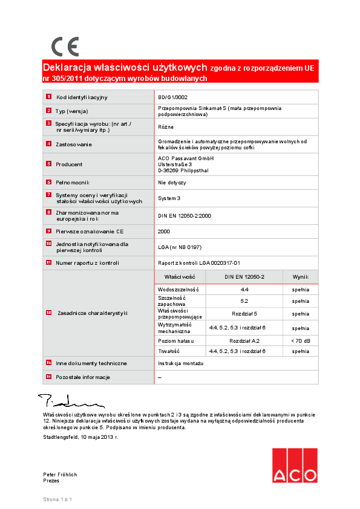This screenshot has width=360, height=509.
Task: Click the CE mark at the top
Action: [x=65, y=47]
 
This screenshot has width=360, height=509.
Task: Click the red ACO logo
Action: [x=294, y=465]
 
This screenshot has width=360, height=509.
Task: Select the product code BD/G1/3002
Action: [x=172, y=97]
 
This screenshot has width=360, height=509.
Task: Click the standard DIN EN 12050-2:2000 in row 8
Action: [x=185, y=215]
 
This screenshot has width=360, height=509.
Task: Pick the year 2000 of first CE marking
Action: [x=164, y=232]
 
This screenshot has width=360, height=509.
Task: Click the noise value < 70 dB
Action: [x=300, y=341]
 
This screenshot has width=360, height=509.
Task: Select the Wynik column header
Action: [x=300, y=276]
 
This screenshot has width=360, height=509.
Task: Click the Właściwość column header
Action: [x=179, y=276]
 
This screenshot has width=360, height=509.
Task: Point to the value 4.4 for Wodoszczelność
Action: [x=244, y=290]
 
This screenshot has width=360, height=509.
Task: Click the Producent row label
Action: [x=69, y=164]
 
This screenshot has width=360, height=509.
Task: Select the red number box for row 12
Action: [x=48, y=313]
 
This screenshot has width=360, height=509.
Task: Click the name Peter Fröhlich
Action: [x=60, y=475]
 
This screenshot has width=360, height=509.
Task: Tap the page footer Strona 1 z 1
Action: [x=57, y=499]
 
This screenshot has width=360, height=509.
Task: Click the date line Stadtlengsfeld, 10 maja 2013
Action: [x=80, y=436]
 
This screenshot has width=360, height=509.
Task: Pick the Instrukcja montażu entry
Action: [x=181, y=363]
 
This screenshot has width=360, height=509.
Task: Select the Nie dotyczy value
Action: [x=172, y=182]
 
